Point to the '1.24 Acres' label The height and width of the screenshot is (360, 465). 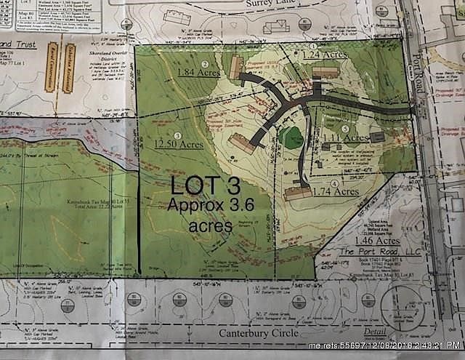coord(323,54)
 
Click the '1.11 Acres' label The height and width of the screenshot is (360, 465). coord(347,138)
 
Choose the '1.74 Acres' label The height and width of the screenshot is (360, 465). coord(336,191)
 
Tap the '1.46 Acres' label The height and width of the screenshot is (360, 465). coord(379,239)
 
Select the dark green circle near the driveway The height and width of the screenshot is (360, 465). coord(292,137)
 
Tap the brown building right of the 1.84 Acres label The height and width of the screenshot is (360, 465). coord(235,68)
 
